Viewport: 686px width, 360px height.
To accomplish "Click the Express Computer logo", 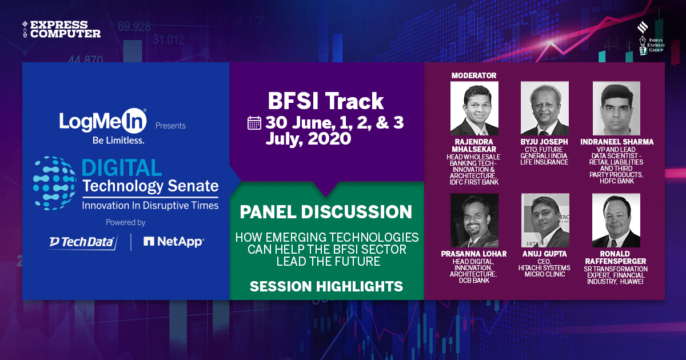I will coord(61,29).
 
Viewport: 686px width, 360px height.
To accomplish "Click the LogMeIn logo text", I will coord(103,121).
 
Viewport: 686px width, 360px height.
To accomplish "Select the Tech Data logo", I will coord(82,242).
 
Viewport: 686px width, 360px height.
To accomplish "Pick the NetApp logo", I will coord(173,242).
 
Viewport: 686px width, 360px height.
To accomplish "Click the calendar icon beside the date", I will coord(254,123).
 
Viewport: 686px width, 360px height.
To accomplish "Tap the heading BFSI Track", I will coord(326,101).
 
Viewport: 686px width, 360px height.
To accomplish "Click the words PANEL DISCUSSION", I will coord(326,212).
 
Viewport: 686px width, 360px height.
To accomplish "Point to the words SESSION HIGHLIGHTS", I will coord(326,286).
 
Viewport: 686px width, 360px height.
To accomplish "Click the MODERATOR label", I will coord(474,75).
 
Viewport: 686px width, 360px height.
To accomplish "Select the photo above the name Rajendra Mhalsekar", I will coord(474,108).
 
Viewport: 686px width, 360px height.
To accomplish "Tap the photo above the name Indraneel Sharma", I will coord(616,108).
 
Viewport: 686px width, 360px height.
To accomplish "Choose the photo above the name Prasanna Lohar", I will coord(474,221).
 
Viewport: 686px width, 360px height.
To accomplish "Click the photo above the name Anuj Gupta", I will coord(544,221).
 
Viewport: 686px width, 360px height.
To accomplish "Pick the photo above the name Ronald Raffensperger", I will coord(616,221).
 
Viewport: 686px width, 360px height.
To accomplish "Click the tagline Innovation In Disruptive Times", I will coord(150,205).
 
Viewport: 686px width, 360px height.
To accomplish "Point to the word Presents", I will coord(170,126).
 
